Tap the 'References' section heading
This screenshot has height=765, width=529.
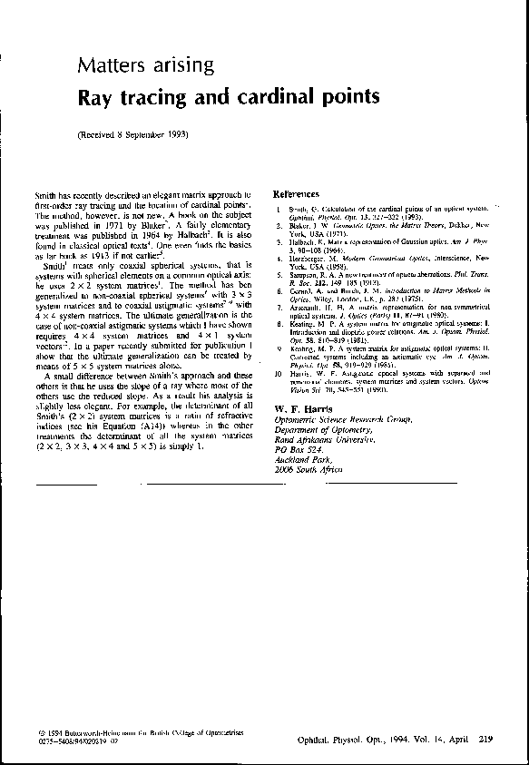[x=297, y=194]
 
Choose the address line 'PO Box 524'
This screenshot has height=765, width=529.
[x=299, y=449]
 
